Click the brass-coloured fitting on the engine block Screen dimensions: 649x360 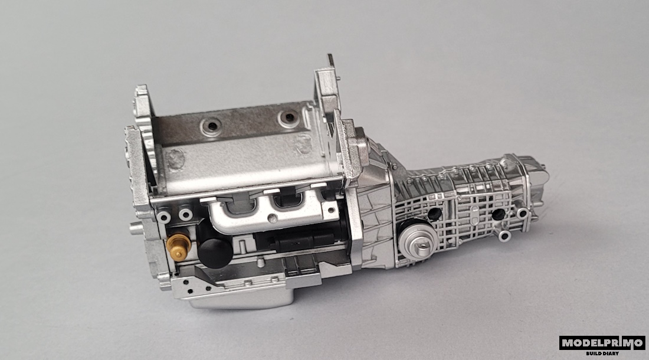click(179, 247)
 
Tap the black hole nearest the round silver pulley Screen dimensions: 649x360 click(434, 214)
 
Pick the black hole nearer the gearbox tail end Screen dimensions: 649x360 click(499, 214)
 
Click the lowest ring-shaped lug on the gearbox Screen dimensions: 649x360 click(504, 236)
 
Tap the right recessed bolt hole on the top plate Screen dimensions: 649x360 click(289, 117)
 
